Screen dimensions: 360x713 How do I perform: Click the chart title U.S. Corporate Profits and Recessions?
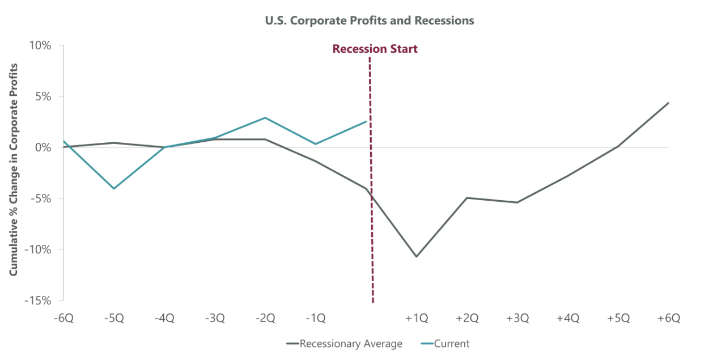tap(369, 20)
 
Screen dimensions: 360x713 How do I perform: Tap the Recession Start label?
tap(375, 49)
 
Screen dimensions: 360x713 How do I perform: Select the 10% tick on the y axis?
tap(40, 45)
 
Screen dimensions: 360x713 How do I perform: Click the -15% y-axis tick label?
tap(38, 300)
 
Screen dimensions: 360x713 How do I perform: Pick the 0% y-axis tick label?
tap(44, 147)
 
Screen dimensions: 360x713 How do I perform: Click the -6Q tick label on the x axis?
tap(63, 318)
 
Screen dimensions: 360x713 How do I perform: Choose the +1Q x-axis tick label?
tap(417, 318)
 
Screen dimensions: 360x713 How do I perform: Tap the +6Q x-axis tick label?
tap(669, 318)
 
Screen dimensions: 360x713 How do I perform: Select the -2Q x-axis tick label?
tap(265, 318)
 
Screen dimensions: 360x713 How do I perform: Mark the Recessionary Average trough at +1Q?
tap(417, 257)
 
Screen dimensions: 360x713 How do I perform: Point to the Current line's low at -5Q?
tap(114, 189)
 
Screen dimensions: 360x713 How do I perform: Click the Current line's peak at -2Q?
tap(265, 117)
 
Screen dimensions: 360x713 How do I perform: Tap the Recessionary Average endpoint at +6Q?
tap(669, 103)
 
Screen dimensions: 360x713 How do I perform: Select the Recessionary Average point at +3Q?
tap(517, 202)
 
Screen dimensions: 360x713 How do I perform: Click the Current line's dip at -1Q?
tap(316, 144)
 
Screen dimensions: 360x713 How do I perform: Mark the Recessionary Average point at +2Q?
tap(467, 198)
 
